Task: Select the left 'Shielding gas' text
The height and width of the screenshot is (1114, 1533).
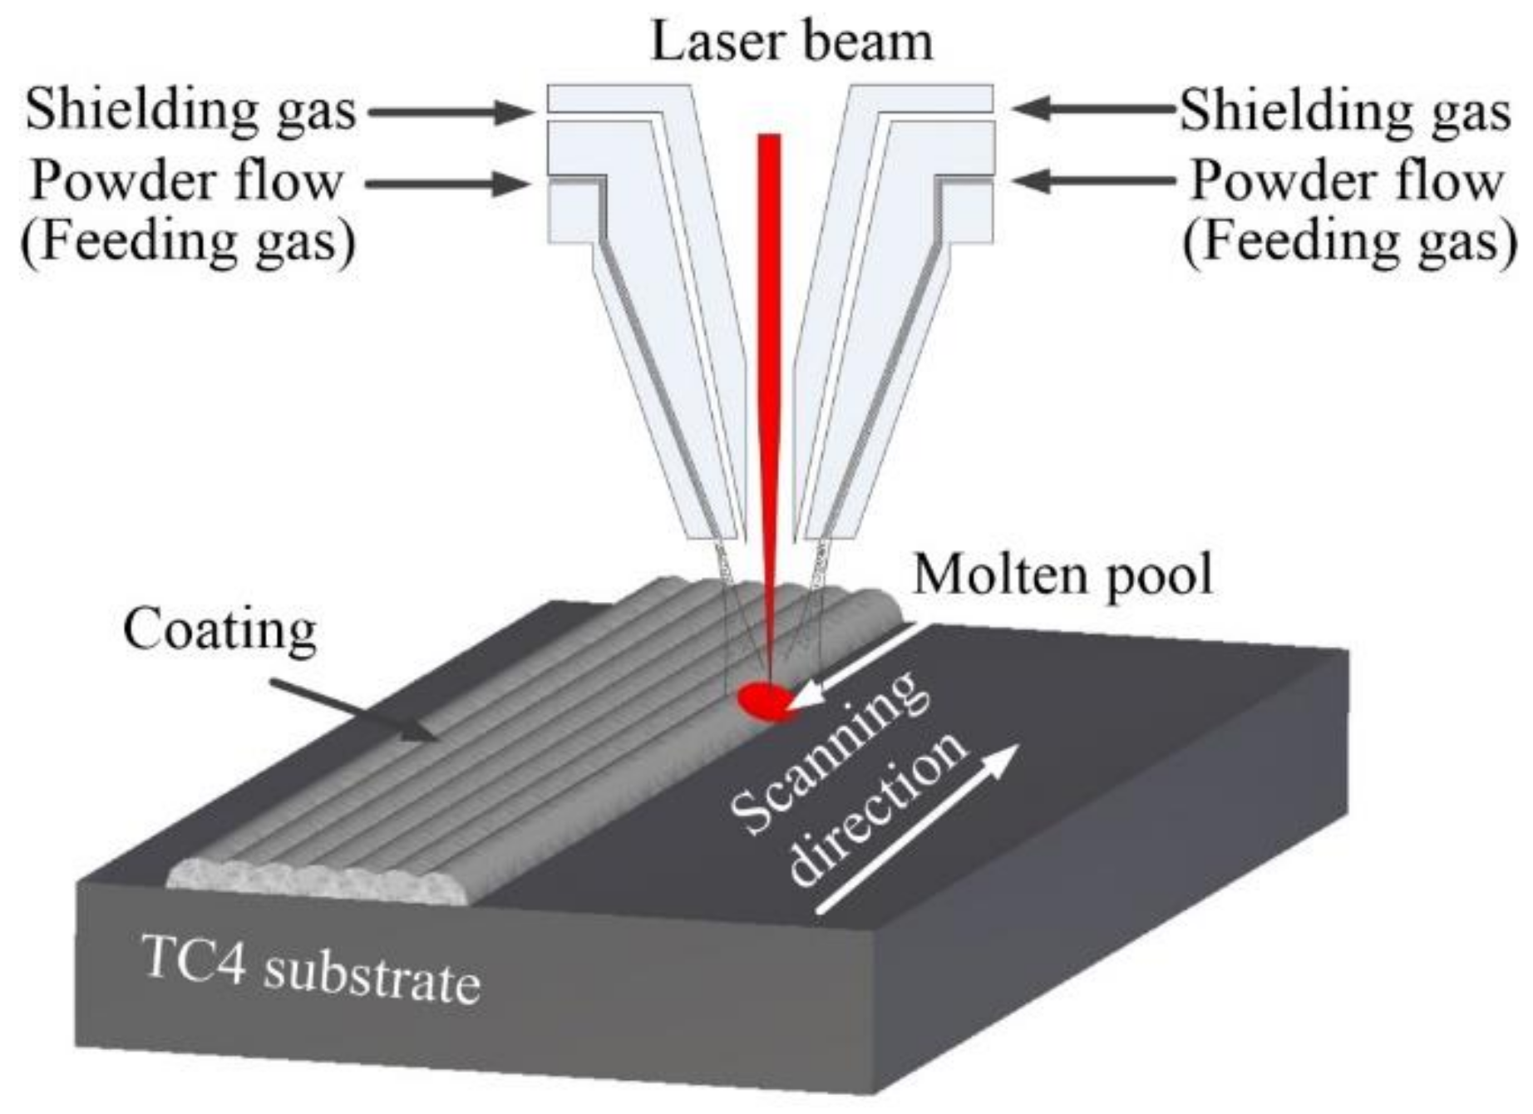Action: point(190,111)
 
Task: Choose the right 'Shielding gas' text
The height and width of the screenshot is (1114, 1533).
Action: point(1344,111)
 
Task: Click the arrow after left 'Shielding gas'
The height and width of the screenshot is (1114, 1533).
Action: point(449,111)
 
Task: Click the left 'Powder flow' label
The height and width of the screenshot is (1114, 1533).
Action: point(186,180)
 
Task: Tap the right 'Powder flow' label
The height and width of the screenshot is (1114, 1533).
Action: point(1347,180)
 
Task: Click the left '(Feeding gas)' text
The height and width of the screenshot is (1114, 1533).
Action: point(188,241)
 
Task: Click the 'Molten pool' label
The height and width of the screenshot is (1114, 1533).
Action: point(1062,574)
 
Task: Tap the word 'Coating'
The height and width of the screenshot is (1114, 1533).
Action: point(219,631)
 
